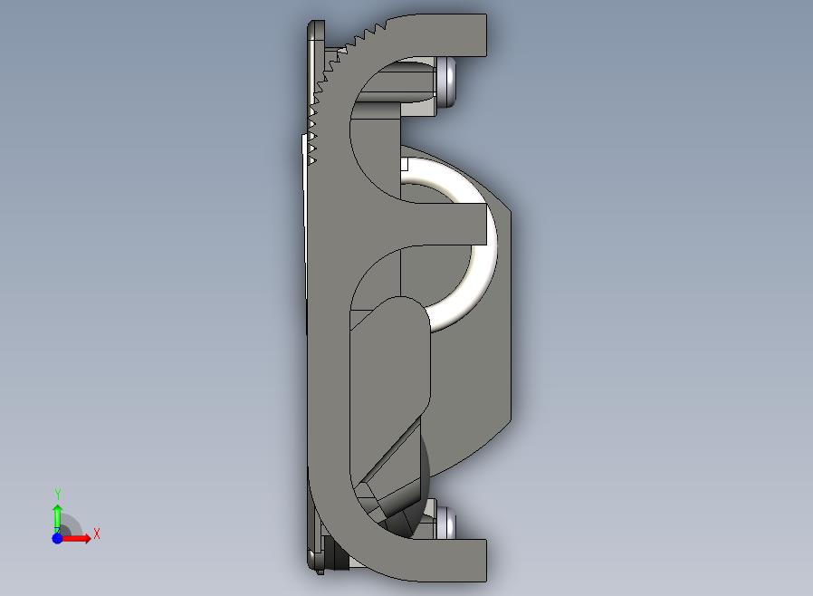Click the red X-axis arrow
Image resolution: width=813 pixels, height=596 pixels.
[x=74, y=538]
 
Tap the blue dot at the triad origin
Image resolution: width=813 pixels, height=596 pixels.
[x=58, y=538]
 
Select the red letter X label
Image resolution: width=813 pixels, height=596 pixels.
[x=97, y=534]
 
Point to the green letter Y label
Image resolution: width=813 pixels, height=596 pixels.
[x=58, y=494]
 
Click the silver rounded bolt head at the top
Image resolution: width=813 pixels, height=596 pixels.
[x=446, y=82]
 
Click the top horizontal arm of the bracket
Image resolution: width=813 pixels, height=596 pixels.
[x=441, y=35]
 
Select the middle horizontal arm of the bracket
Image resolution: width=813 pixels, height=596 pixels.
[x=441, y=224]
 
